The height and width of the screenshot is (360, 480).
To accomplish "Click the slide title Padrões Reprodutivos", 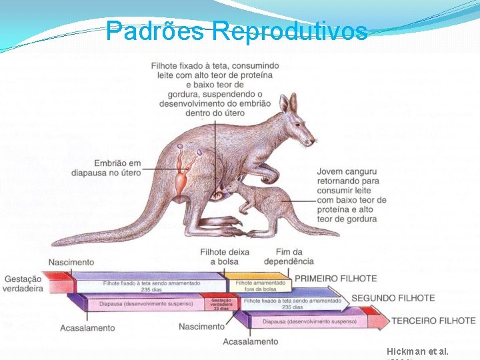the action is point(236,30).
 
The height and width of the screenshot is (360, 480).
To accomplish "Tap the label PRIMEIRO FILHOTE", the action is point(336,278).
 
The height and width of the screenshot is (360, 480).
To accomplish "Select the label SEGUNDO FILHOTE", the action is point(393,298).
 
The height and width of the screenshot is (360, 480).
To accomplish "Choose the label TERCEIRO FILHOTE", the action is point(433,321).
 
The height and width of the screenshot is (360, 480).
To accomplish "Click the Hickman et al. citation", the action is point(417,351).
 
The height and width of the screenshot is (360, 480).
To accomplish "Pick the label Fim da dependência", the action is point(288,257).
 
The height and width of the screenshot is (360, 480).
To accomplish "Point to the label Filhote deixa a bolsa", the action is point(225,257).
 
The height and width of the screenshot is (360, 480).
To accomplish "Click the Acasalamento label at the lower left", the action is point(87,328).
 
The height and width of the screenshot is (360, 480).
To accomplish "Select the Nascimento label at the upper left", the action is point(71,262).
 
